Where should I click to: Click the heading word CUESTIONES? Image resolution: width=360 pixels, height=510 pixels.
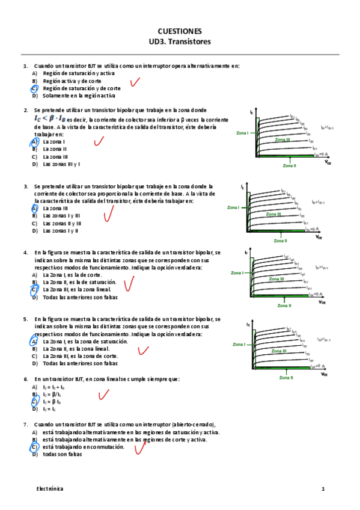coord(180,31)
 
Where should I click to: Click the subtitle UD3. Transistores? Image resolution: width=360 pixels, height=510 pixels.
coord(180,42)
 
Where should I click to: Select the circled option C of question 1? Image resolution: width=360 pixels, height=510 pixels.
coord(34,88)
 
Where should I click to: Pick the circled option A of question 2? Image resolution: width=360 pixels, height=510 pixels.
coord(34,142)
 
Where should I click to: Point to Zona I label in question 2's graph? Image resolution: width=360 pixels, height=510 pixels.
coord(243,133)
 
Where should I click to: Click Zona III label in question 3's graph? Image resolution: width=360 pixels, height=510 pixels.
coord(273,214)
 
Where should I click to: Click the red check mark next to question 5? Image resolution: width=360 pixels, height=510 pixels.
coord(142,350)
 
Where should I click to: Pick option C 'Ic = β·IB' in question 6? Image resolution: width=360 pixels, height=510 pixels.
coord(54,402)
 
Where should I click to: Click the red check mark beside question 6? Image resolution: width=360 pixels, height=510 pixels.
coord(103,395)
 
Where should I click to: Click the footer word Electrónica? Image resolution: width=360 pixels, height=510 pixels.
coord(49,490)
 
